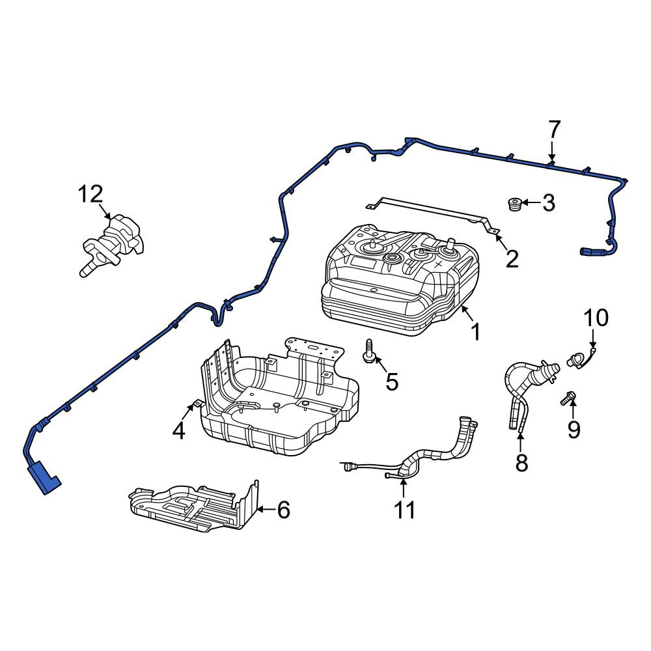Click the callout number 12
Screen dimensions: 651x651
tap(90, 194)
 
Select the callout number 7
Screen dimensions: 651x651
tap(555, 130)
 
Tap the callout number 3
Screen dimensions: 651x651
tap(548, 203)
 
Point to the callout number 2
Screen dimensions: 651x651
tap(512, 259)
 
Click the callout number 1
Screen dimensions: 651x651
tap(476, 332)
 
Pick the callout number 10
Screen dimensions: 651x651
tap(596, 318)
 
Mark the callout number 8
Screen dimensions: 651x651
tap(521, 462)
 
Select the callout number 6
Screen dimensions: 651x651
tap(284, 510)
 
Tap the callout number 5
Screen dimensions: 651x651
tap(392, 381)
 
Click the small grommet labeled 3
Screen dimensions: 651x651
tap(514, 204)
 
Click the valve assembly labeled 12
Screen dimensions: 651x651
tap(112, 245)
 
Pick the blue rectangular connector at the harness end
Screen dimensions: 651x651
tap(43, 477)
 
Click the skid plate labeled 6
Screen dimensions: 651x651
tap(193, 506)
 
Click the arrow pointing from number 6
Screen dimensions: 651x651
tap(266, 508)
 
